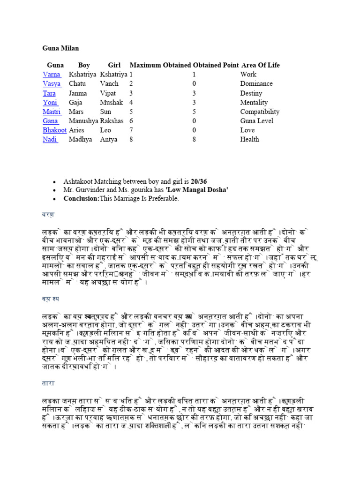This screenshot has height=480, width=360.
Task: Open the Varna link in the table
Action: [x=51, y=75]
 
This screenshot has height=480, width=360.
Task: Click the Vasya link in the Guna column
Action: [x=52, y=84]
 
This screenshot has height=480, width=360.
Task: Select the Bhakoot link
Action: [x=55, y=130]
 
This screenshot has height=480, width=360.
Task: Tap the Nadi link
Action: [x=50, y=139]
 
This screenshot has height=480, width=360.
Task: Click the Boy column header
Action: [x=84, y=65]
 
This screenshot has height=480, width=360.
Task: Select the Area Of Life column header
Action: [x=260, y=65]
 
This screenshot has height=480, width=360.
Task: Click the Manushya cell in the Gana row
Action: [x=83, y=121]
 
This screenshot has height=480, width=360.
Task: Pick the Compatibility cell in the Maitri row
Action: [x=260, y=112]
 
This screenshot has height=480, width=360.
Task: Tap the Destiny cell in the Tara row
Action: [x=252, y=93]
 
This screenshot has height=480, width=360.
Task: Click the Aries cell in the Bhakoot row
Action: [x=77, y=130]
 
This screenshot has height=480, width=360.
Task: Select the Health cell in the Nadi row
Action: [x=249, y=139]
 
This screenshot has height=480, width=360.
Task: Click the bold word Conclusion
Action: [x=81, y=199]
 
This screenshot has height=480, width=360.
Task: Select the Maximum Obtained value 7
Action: [x=131, y=130]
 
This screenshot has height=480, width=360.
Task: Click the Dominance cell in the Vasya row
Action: [x=256, y=84]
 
